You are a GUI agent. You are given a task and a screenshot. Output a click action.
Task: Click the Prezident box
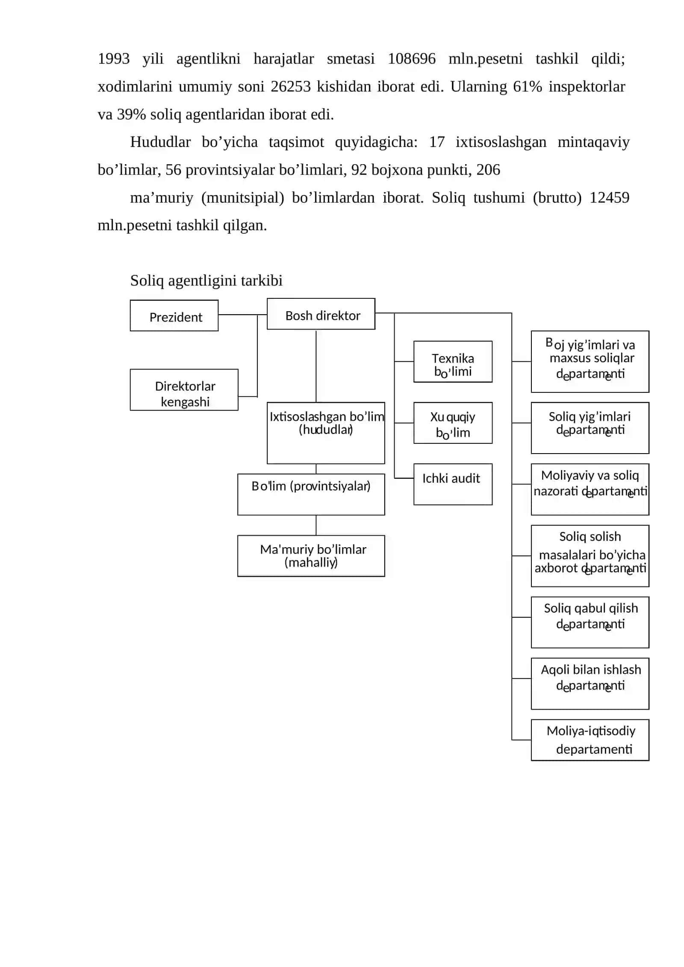coord(174,315)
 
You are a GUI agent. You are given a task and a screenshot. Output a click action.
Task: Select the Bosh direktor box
coord(321,314)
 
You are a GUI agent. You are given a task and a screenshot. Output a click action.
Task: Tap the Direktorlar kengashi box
coord(184,390)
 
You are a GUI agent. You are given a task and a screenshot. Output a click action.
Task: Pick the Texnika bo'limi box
coord(453,362)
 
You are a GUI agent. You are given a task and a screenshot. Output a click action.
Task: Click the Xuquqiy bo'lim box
coord(453,423)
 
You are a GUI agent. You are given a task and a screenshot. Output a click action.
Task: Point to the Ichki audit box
coord(453,484)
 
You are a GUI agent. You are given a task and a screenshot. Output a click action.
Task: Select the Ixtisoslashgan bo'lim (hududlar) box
coord(326,433)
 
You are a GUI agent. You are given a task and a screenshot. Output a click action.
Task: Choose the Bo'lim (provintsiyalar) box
coord(311,494)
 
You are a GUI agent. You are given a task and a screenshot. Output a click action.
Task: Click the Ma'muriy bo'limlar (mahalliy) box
coord(311,556)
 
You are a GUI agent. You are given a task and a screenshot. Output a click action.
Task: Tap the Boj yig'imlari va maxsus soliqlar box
coord(590,362)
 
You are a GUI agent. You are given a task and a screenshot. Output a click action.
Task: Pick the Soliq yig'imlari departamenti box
coord(590,428)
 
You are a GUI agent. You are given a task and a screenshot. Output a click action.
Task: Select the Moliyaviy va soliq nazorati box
coord(590,489)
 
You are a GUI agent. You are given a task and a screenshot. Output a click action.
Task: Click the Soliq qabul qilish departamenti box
coord(590,622)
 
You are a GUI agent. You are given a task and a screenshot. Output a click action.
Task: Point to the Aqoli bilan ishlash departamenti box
coord(590,684)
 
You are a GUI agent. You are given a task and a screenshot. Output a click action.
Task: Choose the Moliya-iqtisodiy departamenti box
coord(590,740)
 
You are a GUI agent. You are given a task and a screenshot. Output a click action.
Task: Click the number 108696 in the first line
coord(411,59)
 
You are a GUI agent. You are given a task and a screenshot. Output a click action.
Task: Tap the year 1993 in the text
coord(114,59)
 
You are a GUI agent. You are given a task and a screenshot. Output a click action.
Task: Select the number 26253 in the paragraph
coord(291,86)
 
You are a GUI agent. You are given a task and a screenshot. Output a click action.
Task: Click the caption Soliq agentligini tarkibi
coord(206,280)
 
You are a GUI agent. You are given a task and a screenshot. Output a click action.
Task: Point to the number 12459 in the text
coord(609,198)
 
